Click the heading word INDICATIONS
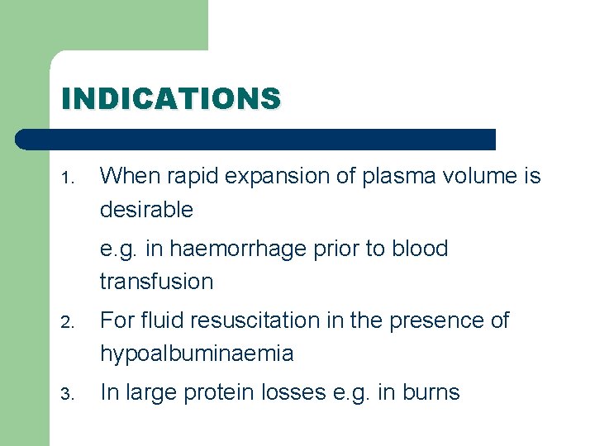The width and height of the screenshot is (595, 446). [x=171, y=99]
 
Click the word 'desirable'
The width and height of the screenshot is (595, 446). [x=146, y=210]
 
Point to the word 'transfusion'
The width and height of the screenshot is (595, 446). [x=156, y=282]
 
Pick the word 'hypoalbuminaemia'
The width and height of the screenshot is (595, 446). [x=197, y=354]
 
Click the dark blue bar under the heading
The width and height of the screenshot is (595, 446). [x=256, y=139]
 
